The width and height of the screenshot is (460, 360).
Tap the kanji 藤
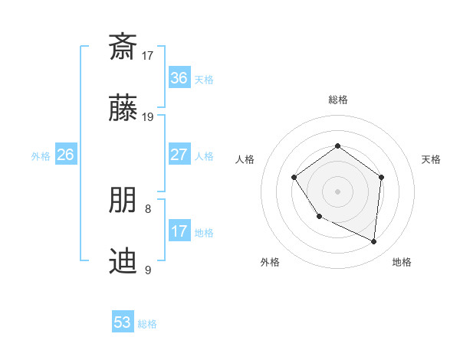[123, 109]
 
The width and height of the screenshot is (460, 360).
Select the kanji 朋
[123, 200]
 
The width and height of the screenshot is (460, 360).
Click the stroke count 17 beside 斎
[148, 55]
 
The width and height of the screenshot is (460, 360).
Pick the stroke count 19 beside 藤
[148, 117]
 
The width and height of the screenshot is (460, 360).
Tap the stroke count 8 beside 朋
[148, 208]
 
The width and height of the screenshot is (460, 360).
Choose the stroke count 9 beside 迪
[148, 270]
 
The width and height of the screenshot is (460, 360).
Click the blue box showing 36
[179, 78]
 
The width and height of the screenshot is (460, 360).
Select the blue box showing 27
[179, 155]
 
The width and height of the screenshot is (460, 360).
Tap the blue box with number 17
[179, 231]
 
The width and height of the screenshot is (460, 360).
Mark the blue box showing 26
[65, 155]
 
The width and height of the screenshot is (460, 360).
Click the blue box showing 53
[123, 322]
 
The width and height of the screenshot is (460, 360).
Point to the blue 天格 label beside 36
[204, 80]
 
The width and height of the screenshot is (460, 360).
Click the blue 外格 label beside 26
[41, 156]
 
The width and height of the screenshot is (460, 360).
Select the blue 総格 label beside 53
[147, 324]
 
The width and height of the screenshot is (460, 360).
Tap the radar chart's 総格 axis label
[337, 100]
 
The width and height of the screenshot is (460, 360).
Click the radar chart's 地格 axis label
[402, 263]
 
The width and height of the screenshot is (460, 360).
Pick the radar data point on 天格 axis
[382, 177]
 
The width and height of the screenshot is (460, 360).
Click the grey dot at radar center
[337, 191]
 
